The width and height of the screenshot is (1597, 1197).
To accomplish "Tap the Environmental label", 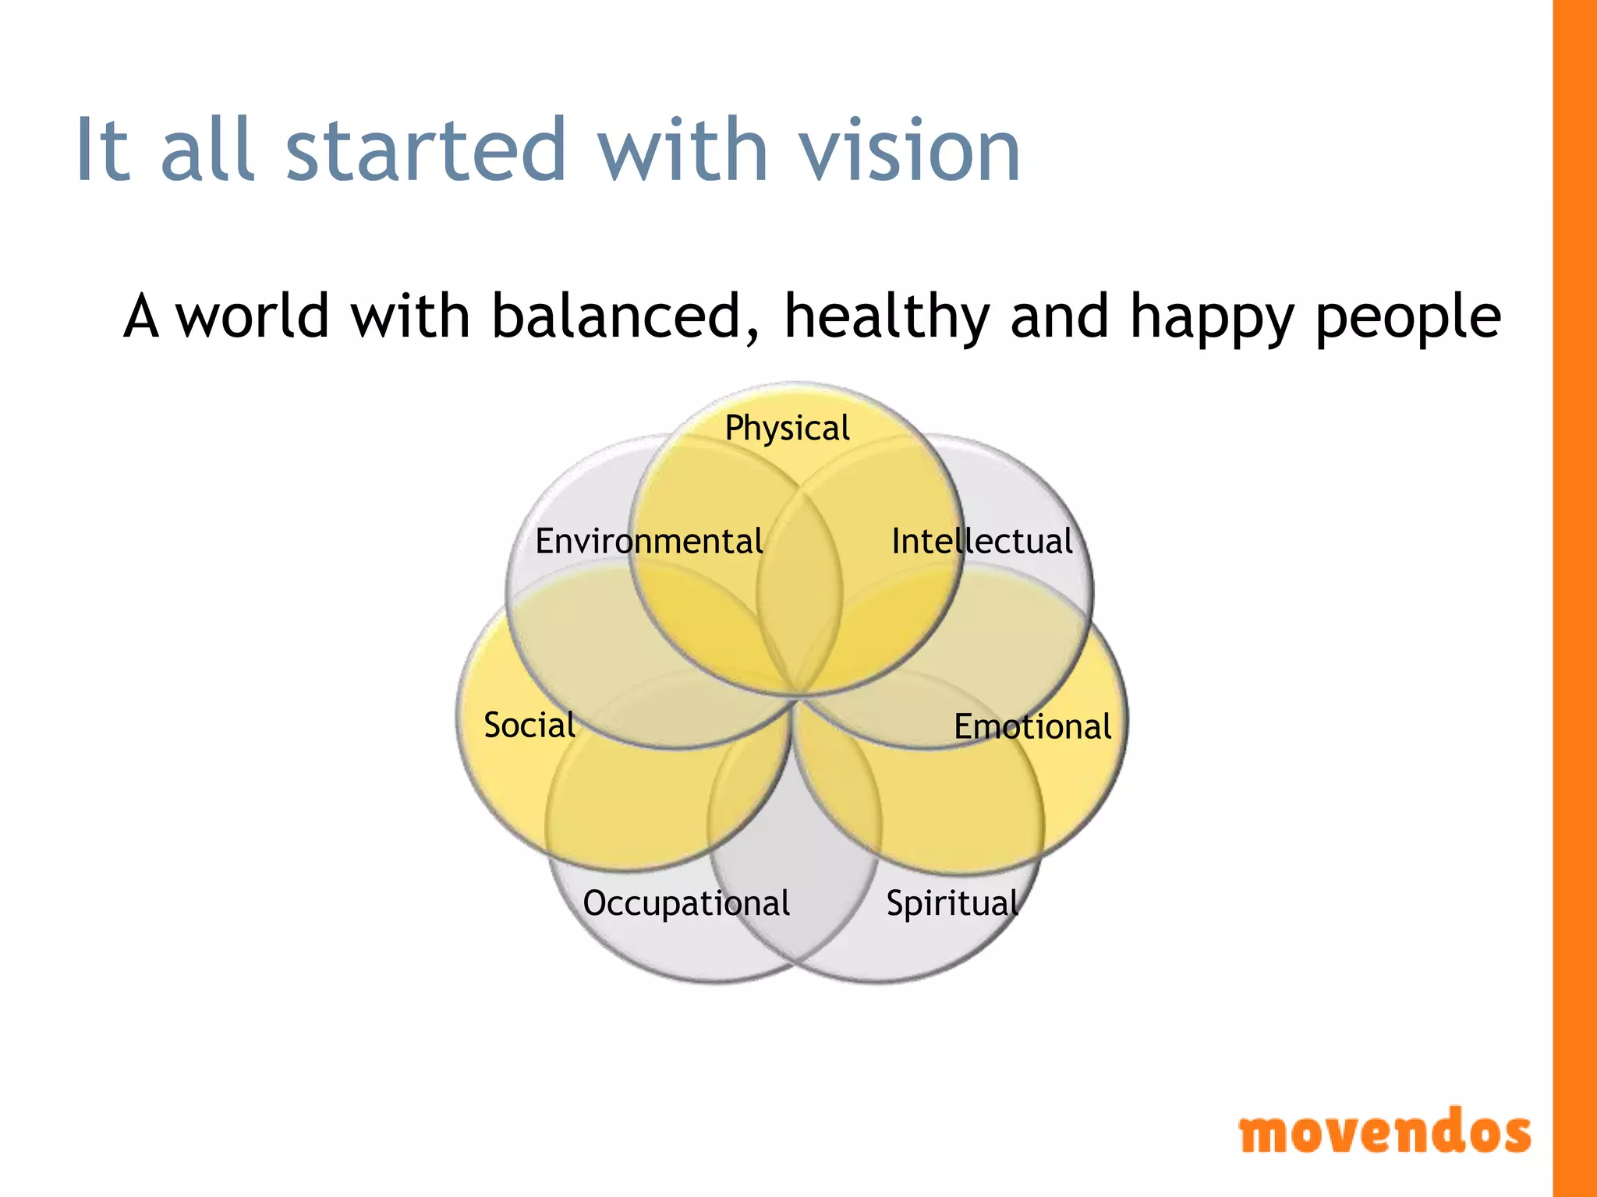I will click(x=649, y=542).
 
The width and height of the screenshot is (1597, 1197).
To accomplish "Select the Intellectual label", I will click(x=982, y=542).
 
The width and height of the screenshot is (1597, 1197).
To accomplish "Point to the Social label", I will click(x=529, y=726).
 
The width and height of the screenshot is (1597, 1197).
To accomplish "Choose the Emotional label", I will click(x=1032, y=727).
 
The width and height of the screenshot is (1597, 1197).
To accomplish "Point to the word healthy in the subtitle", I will click(x=887, y=318).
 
